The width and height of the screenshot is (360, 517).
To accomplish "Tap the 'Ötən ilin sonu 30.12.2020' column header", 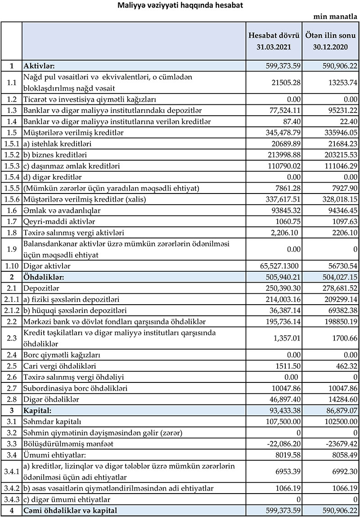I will point(331,40).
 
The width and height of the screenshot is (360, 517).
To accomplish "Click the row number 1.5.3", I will point(11,166).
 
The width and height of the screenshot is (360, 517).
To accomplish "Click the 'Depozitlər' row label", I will point(41,287).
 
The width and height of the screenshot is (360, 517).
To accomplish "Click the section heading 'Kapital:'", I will point(39,410).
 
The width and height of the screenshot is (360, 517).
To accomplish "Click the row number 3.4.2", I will point(11,488).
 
